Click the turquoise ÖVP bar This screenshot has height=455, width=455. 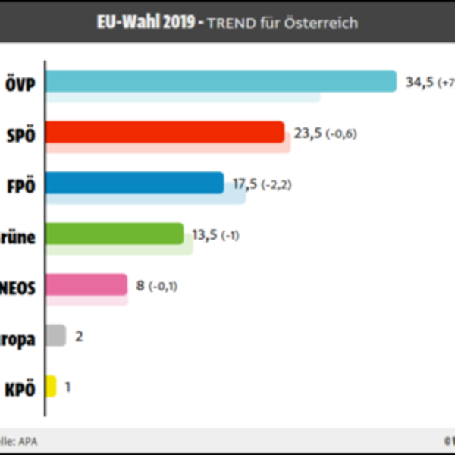[221, 81]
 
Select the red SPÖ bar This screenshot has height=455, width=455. [165, 132]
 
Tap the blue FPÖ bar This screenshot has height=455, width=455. [134, 183]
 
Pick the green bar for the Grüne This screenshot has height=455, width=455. [114, 234]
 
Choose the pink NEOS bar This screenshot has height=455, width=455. [86, 284]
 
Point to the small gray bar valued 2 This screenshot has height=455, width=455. [55, 335]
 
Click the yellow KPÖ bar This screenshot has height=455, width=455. [51, 386]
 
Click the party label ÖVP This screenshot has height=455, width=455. [20, 85]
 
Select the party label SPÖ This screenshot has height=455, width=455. [20, 136]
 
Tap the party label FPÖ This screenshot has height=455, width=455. [20, 187]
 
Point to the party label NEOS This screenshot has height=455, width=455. [18, 288]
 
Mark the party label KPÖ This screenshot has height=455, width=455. [20, 390]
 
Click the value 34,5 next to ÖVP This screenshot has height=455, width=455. [419, 83]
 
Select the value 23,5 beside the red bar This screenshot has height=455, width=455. [308, 133]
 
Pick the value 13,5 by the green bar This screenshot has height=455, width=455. [205, 235]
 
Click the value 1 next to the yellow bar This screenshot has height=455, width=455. [68, 388]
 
